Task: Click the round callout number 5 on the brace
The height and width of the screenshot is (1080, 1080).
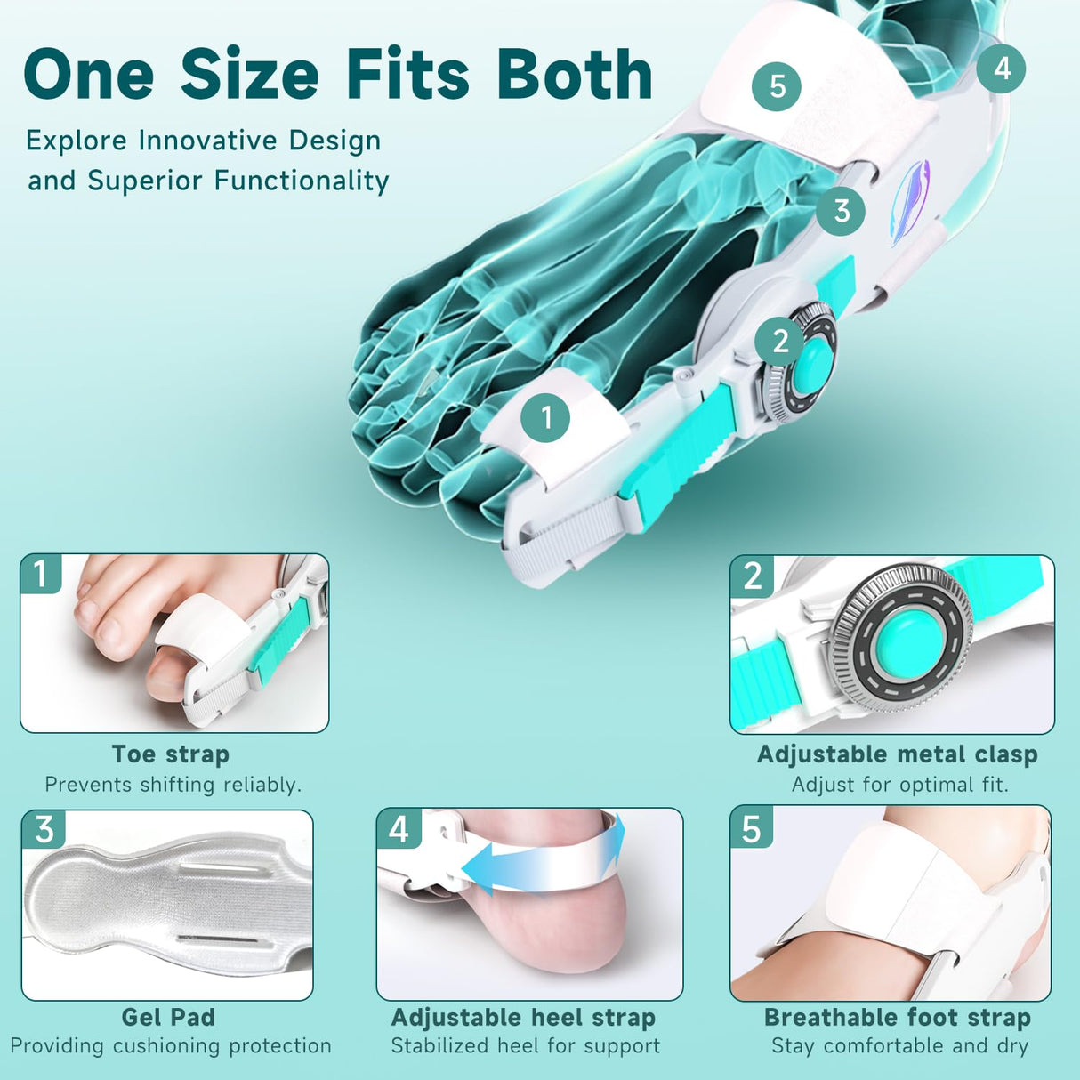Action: (777, 86)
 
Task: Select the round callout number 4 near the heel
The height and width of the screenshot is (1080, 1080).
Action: (1002, 69)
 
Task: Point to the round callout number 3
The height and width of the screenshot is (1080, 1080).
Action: (841, 211)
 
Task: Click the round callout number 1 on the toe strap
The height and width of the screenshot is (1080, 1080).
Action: (545, 417)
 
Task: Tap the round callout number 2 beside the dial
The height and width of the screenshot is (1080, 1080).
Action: (780, 341)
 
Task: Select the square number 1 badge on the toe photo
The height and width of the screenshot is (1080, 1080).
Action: (41, 574)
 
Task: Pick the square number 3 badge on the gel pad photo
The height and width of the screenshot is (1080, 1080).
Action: (44, 829)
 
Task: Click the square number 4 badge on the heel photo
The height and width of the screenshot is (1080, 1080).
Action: (399, 828)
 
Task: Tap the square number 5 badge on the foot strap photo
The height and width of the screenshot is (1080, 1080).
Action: (752, 828)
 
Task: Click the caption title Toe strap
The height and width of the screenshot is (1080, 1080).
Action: (171, 754)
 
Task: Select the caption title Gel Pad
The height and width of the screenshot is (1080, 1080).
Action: (168, 1017)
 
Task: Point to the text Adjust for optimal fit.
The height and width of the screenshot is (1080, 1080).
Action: (899, 785)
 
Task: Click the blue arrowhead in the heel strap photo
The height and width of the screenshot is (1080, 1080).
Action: (480, 867)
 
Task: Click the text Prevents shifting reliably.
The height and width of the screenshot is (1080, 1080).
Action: (173, 785)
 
